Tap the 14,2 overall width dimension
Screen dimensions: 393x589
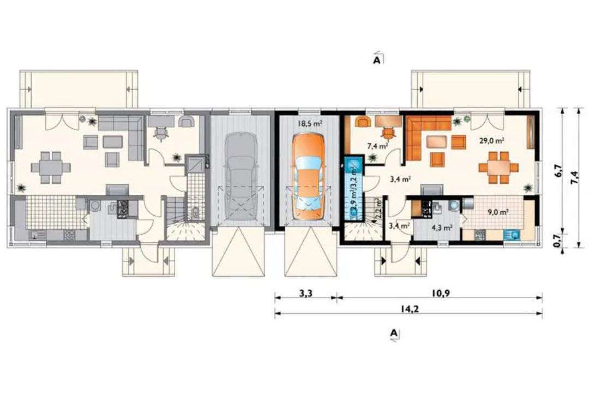pos(408,308)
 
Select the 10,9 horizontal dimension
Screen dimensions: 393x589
pos(445,293)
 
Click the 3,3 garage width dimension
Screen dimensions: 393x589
pos(305,293)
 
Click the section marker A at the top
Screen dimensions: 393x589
pos(377,59)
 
